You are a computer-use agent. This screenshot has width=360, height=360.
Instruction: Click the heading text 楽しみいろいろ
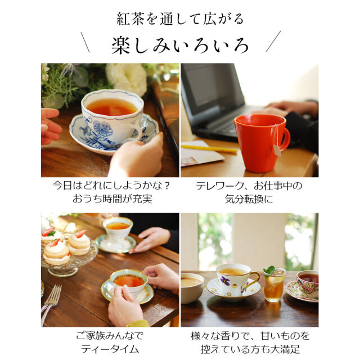coord(179,44)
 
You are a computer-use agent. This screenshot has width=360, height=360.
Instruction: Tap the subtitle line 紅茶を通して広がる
coord(179,19)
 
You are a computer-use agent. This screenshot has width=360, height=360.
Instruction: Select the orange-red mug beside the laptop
coord(258,142)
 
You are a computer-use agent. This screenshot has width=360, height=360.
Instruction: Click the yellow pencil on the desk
coord(209,148)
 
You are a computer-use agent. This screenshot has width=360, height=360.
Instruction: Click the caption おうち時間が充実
coord(110,199)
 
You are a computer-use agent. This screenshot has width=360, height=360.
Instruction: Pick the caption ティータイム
coord(110,348)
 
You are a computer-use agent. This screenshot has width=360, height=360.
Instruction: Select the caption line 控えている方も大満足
coord(249,348)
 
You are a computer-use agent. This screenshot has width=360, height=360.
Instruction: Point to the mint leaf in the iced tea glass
coord(269,271)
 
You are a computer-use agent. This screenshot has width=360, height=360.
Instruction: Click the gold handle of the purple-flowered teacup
coord(256,278)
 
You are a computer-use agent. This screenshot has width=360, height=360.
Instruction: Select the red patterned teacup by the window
coord(307,281)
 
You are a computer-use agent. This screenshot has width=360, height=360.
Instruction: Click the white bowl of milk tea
coord(192,286)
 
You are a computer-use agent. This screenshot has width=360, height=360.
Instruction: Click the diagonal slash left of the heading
coord(85,42)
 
